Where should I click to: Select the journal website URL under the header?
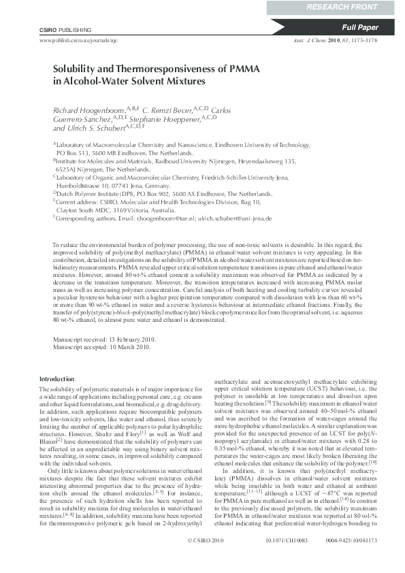(76, 41)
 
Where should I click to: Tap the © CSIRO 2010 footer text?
(205, 559)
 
